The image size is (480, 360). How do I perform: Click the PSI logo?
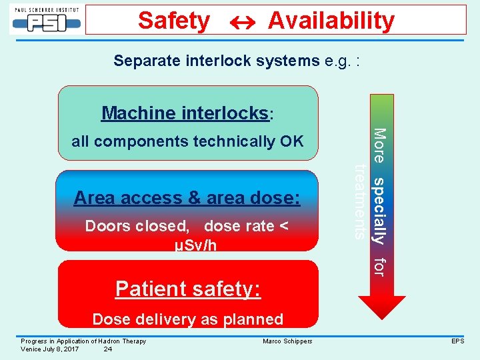[45, 19]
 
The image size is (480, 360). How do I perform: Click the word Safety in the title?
[173, 21]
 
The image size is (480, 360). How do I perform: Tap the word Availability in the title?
[331, 21]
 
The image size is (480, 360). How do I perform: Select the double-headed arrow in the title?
[238, 21]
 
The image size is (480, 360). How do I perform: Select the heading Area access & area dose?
[187, 198]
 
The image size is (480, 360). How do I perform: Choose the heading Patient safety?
[187, 289]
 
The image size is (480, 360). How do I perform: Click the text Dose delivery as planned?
[187, 319]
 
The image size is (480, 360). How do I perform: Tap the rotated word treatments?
[361, 201]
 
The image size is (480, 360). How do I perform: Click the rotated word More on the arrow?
[379, 145]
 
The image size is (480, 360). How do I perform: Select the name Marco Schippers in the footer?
[287, 341]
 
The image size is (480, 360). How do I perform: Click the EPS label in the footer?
[457, 341]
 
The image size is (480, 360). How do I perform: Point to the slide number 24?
[108, 349]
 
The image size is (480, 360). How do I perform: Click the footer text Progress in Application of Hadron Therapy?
[83, 341]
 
